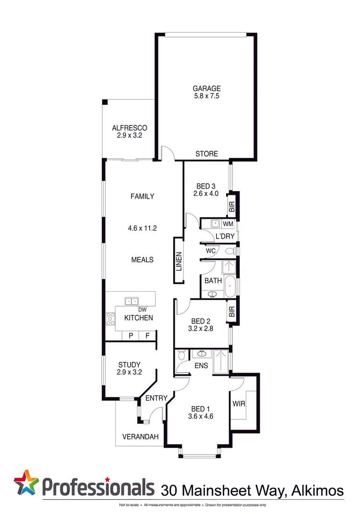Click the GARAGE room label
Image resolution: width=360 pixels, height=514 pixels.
[206, 88]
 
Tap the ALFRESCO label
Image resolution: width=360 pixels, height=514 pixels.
[129, 128]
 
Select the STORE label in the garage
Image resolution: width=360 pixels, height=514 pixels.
[206, 154]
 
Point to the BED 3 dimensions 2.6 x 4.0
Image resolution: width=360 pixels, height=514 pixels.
[206, 194]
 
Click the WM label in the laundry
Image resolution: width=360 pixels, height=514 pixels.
[228, 224]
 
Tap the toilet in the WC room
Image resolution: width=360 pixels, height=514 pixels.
[230, 251]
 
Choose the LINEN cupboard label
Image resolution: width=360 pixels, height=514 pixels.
[178, 262]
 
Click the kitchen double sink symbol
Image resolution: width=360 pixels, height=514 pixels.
[131, 301]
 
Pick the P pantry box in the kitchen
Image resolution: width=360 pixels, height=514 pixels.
[130, 336]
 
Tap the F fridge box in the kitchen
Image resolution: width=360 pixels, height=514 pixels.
[147, 336]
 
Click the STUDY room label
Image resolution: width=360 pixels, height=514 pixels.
[129, 365]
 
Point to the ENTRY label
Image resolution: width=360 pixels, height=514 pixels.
[156, 398]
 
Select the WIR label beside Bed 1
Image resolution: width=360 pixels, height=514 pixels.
[239, 404]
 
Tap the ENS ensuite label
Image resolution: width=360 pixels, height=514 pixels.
[201, 366]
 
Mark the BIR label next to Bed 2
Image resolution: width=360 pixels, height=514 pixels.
[232, 312]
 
